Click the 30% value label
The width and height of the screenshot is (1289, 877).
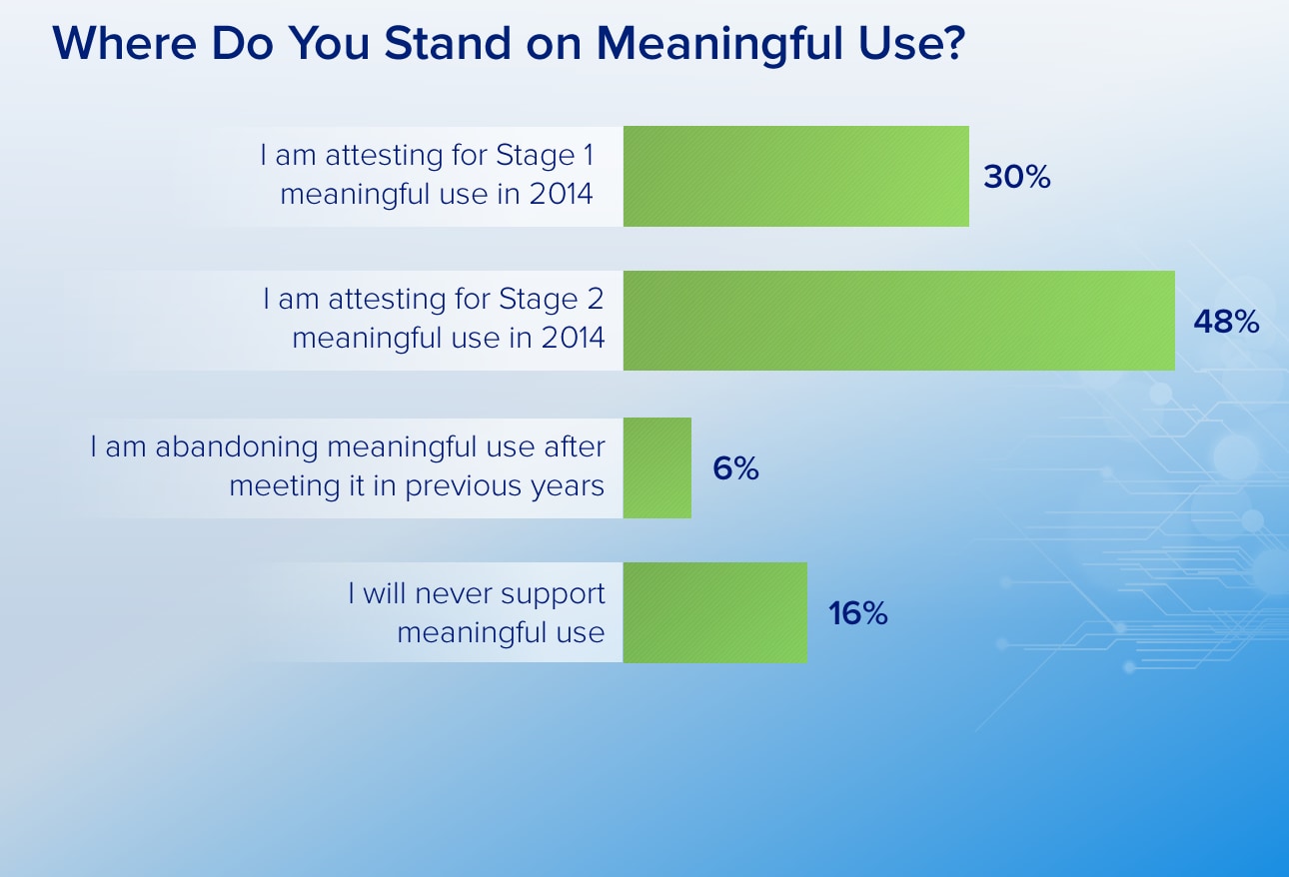1017,177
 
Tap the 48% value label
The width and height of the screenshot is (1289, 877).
1226,322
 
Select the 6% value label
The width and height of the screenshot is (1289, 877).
735,468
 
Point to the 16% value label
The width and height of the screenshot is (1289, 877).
858,613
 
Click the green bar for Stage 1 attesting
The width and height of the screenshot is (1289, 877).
795,176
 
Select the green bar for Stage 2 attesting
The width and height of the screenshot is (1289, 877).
899,321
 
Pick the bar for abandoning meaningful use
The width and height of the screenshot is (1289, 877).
657,467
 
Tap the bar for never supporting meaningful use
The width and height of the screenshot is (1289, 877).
714,612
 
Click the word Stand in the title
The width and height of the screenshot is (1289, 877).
448,43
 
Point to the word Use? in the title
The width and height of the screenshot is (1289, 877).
911,43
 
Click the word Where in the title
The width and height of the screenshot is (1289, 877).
124,43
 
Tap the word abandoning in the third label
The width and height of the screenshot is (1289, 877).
237,447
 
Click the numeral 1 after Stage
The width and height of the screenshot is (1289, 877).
588,155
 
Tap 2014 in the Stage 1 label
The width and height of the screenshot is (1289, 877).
561,194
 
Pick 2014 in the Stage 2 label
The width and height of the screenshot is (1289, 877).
574,338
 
